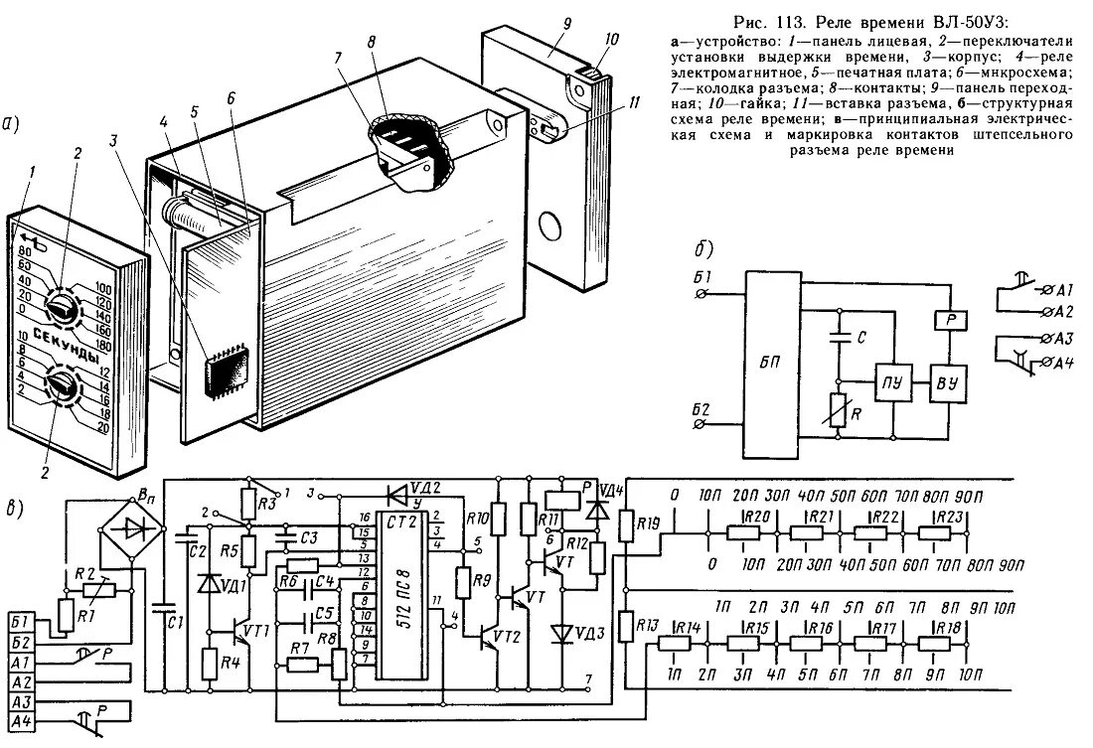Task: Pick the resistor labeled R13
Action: pyautogui.click(x=625, y=625)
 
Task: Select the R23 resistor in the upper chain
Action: pyautogui.click(x=949, y=532)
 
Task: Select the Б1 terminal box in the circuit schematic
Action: pyautogui.click(x=24, y=623)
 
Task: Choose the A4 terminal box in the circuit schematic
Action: pyautogui.click(x=24, y=722)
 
